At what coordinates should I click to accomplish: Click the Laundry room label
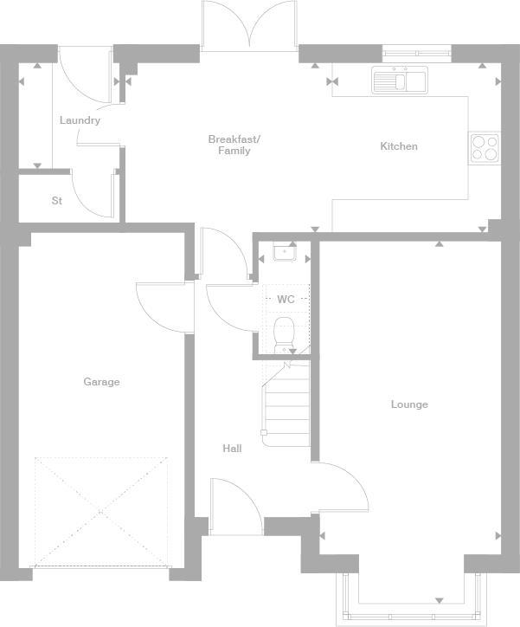point(80,120)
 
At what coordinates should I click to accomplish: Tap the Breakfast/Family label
point(234,145)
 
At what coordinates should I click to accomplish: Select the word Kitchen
point(399,146)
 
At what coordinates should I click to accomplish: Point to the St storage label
point(57,200)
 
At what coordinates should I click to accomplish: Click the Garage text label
point(101,381)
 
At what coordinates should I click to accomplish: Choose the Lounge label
point(409,404)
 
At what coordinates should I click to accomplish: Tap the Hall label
point(232,449)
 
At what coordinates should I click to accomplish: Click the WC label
point(286,299)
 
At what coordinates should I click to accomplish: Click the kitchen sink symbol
point(400,80)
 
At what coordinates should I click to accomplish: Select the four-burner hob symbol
point(485,148)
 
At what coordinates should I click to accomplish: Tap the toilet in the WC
point(284,335)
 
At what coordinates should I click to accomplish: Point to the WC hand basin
point(285,252)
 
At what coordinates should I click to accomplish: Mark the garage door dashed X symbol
point(101,512)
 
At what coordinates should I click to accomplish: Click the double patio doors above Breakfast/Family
point(249,25)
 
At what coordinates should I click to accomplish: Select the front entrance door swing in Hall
point(236,507)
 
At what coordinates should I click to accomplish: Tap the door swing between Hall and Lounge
point(340,487)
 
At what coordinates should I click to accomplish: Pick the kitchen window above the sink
point(416,53)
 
